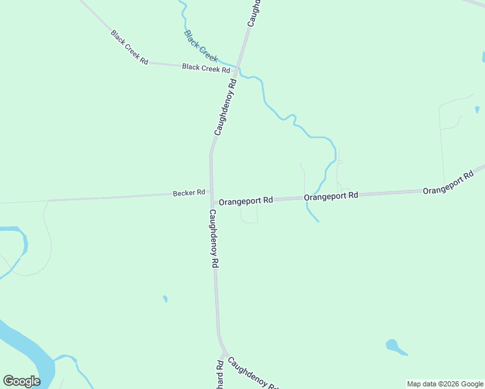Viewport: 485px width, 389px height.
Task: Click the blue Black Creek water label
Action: coord(201,45)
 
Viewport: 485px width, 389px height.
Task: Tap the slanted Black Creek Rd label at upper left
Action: coord(129,47)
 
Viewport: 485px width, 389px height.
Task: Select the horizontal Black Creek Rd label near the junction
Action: coord(206,67)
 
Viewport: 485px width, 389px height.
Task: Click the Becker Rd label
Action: coord(189,193)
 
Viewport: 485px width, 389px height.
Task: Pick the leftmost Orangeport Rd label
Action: coord(246,201)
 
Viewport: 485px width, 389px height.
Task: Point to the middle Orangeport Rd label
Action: coord(331,195)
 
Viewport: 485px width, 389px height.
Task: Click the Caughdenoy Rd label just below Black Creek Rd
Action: coord(225,107)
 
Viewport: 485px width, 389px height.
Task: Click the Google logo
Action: coord(21,381)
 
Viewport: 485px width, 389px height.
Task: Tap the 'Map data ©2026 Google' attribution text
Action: coord(445,384)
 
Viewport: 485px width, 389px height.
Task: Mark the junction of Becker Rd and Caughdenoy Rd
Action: coord(211,199)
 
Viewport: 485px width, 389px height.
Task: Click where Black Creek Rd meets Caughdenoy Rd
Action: coord(238,67)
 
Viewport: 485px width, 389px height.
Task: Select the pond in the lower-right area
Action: coord(393,346)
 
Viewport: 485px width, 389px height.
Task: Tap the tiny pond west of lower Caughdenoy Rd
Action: coord(165,299)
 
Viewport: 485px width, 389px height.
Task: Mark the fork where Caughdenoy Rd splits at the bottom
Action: coord(224,353)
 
